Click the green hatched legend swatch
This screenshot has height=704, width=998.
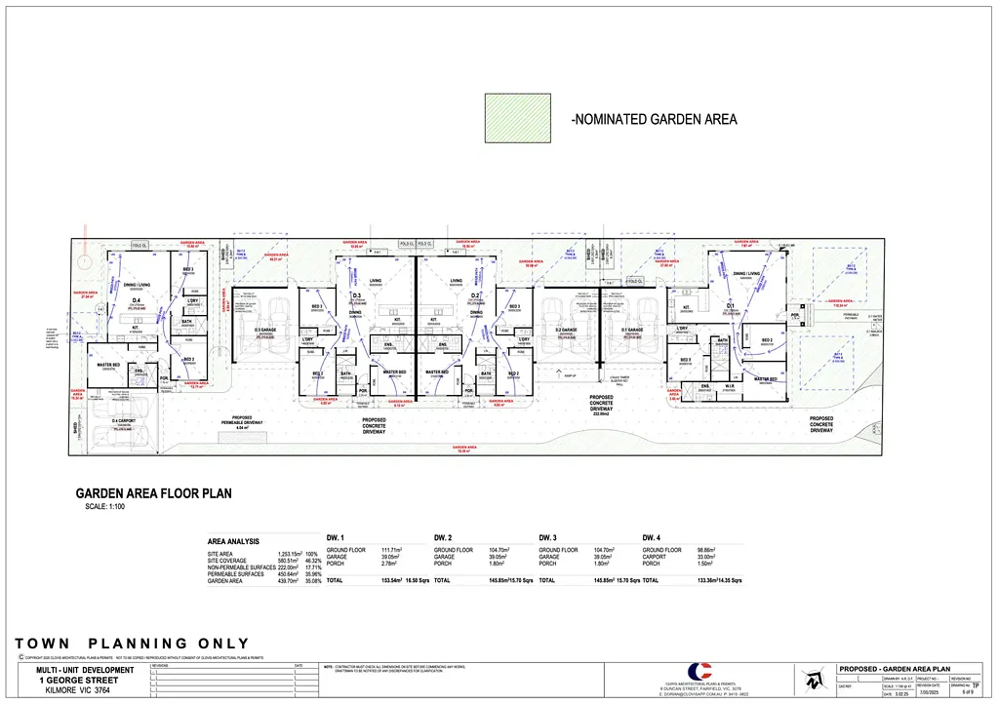[x=517, y=118]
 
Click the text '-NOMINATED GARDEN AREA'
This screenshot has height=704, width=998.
[x=654, y=120]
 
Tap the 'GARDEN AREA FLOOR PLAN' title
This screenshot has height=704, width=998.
[x=154, y=493]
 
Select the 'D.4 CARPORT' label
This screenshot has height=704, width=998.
[x=124, y=420]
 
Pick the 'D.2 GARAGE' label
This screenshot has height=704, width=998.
[x=566, y=330]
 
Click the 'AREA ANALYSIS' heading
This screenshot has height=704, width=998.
[x=233, y=540]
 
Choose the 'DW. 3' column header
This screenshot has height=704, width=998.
[x=551, y=537]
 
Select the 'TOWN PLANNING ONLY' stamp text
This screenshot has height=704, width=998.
[x=132, y=644]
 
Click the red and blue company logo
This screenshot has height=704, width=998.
[x=699, y=673]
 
